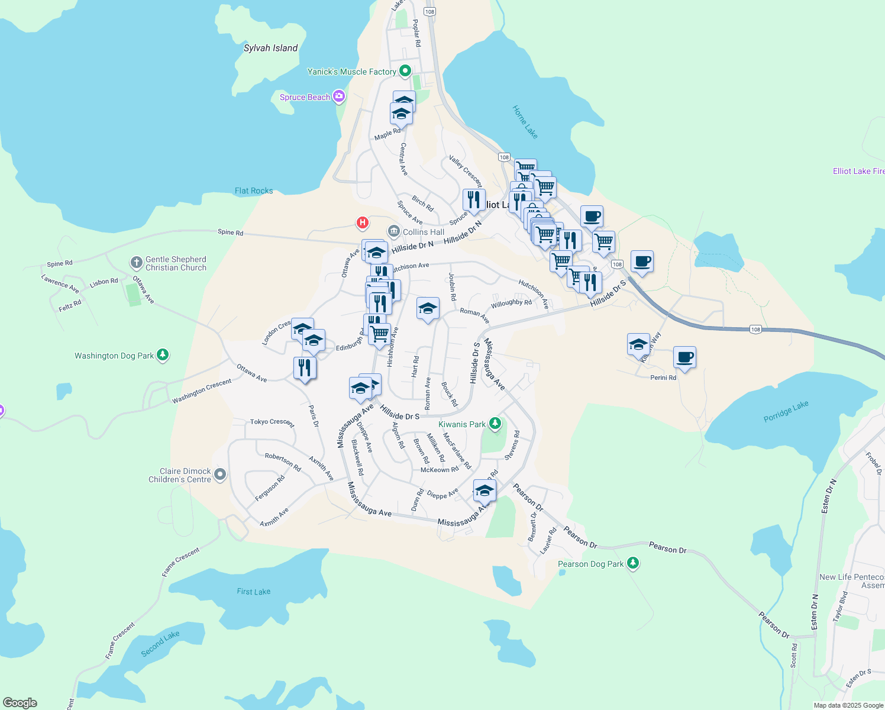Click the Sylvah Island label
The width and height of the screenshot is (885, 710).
pos(270,48)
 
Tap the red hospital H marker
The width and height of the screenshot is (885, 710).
pos(362,223)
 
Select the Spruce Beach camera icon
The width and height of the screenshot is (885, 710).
pos(338,96)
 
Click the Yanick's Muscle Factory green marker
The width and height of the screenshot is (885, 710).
pos(405,72)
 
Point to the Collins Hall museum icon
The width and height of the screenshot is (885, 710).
pos(393,231)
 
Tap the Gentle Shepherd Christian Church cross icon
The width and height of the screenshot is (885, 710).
pos(136,263)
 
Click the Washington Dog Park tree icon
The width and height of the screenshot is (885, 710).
pos(163,355)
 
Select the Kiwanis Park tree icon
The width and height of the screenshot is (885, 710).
pos(495,424)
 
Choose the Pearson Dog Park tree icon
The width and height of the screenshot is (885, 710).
pos(633,563)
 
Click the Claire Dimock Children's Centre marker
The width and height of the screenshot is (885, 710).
pos(220,475)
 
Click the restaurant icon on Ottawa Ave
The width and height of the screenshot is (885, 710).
pos(305,368)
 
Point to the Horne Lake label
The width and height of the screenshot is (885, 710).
pos(525,122)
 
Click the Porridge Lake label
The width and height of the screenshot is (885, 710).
pos(786,412)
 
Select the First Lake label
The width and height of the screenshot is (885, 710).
pos(253,592)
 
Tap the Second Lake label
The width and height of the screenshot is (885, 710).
pos(160,643)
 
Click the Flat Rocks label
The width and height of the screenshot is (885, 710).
pos(254,191)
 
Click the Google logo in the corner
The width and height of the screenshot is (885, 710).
pos(20,703)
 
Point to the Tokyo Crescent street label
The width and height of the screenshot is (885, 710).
pos(272,422)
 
